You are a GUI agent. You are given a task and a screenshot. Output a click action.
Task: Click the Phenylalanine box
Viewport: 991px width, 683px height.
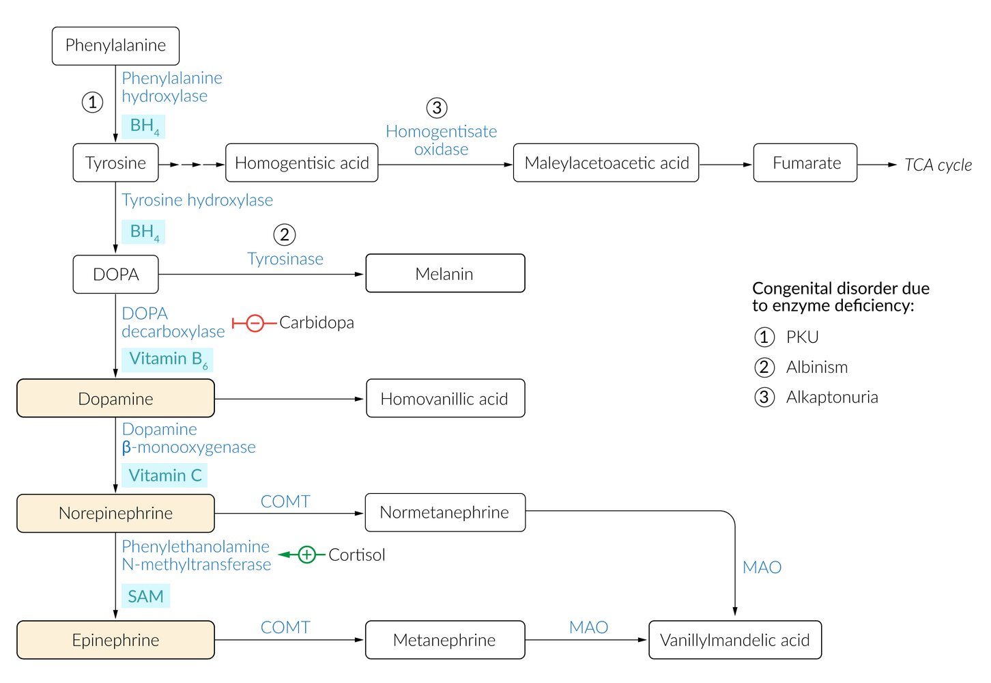pyautogui.click(x=115, y=46)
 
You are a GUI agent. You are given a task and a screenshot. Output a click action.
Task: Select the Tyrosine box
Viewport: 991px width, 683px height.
pyautogui.click(x=115, y=163)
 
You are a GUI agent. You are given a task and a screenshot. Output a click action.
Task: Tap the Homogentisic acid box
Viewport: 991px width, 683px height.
pyautogui.click(x=302, y=163)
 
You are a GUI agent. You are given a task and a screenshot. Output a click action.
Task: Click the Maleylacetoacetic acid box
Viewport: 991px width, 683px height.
pyautogui.click(x=606, y=163)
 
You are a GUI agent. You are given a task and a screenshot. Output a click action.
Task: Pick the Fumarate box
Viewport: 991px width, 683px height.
pyautogui.click(x=805, y=163)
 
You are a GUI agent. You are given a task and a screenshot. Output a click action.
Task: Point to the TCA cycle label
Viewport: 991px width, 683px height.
pyautogui.click(x=938, y=165)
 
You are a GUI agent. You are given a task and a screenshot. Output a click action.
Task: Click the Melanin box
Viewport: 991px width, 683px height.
pyautogui.click(x=445, y=274)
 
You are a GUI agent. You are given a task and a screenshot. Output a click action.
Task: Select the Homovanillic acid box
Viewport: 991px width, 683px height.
pyautogui.click(x=445, y=399)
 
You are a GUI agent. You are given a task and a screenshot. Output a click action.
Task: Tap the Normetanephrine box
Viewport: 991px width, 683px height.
pyautogui.click(x=445, y=513)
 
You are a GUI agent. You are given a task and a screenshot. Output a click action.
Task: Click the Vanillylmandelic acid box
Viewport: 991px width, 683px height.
pyautogui.click(x=735, y=640)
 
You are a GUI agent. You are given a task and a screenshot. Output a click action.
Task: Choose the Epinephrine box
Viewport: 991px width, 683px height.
pyautogui.click(x=115, y=640)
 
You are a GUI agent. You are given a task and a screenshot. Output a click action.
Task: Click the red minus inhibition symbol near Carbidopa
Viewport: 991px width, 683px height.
pyautogui.click(x=255, y=323)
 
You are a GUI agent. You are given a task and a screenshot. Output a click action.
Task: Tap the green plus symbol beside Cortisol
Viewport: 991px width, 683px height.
pyautogui.click(x=307, y=555)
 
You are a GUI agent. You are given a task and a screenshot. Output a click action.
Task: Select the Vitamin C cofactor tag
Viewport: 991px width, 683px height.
pyautogui.click(x=165, y=475)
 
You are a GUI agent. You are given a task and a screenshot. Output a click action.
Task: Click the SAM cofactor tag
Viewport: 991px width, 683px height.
pyautogui.click(x=145, y=596)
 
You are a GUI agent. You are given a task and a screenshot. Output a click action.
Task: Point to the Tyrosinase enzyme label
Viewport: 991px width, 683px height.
pyautogui.click(x=285, y=260)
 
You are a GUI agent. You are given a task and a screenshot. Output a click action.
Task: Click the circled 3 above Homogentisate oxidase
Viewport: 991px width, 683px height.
pyautogui.click(x=437, y=108)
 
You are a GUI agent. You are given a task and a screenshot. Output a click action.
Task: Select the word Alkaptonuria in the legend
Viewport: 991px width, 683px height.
pyautogui.click(x=832, y=398)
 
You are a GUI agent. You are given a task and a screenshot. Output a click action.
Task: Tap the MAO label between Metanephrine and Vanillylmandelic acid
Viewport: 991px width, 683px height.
pyautogui.click(x=588, y=627)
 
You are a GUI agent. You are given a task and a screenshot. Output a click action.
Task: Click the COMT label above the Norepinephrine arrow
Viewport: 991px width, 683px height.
pyautogui.click(x=285, y=501)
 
